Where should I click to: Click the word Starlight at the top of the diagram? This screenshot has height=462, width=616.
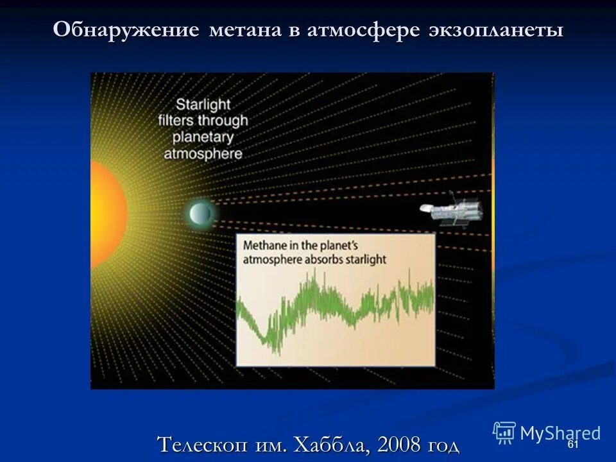(x=203, y=104)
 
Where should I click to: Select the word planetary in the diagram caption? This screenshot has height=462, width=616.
(x=203, y=137)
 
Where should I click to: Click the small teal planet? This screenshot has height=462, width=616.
(x=200, y=212)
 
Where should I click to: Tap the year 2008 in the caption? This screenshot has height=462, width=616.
(x=396, y=444)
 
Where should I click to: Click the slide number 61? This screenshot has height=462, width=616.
(x=573, y=445)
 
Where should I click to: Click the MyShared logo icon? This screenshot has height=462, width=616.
(x=504, y=432)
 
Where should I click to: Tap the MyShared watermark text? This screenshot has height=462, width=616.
(x=560, y=433)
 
